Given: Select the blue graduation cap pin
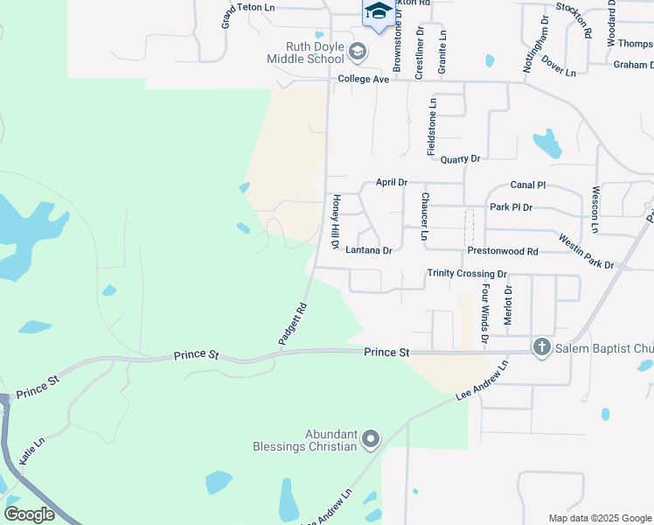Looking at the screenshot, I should point(378,12).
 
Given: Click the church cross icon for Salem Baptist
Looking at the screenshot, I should point(541,348).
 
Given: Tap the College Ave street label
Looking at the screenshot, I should point(364,79).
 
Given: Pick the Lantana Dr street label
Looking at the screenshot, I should point(368,250).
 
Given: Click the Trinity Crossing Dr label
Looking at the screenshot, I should point(467,274).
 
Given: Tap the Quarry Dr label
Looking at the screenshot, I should point(461,159).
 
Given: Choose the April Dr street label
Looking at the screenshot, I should point(392,182).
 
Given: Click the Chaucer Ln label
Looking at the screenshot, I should point(425,216).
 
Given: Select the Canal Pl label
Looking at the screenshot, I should point(528,185).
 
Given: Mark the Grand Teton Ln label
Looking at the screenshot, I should point(247,15).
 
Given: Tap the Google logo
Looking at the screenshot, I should point(30,514).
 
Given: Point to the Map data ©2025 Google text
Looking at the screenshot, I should point(599,518).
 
